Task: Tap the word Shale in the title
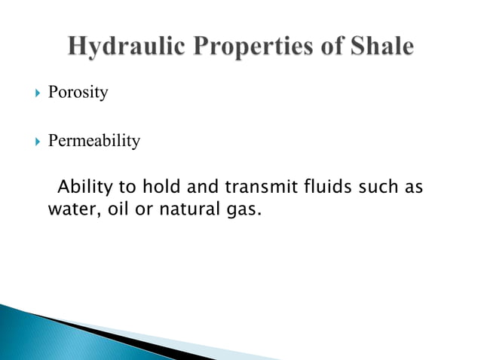click(x=380, y=47)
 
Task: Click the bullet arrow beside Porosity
click(x=29, y=93)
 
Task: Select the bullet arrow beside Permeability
click(x=29, y=141)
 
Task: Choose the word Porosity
click(x=78, y=93)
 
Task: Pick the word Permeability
click(x=94, y=141)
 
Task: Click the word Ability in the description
click(x=82, y=186)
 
